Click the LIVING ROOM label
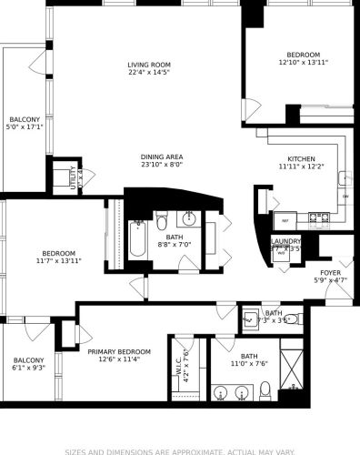point(149,65)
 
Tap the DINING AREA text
point(162,157)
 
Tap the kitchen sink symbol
point(345,177)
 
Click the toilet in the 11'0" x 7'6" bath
point(265,389)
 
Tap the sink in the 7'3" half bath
point(250,319)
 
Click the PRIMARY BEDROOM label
point(119,350)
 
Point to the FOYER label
point(330,272)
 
